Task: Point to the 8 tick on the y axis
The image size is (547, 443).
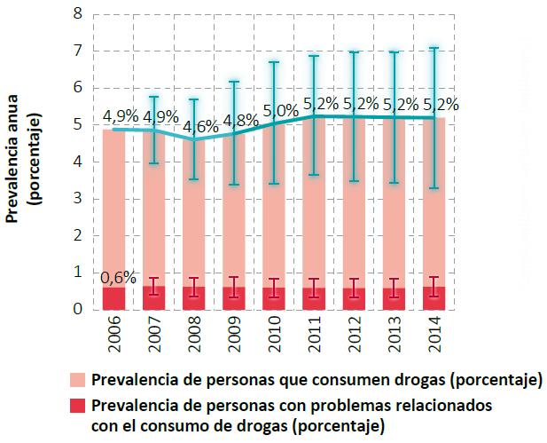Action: pyautogui.click(x=78, y=14)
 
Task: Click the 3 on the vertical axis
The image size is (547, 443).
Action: pyautogui.click(x=78, y=199)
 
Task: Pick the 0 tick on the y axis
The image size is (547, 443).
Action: pyautogui.click(x=78, y=310)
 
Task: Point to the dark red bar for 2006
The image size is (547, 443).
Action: pyautogui.click(x=113, y=299)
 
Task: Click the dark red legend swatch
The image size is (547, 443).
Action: pyautogui.click(x=77, y=407)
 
